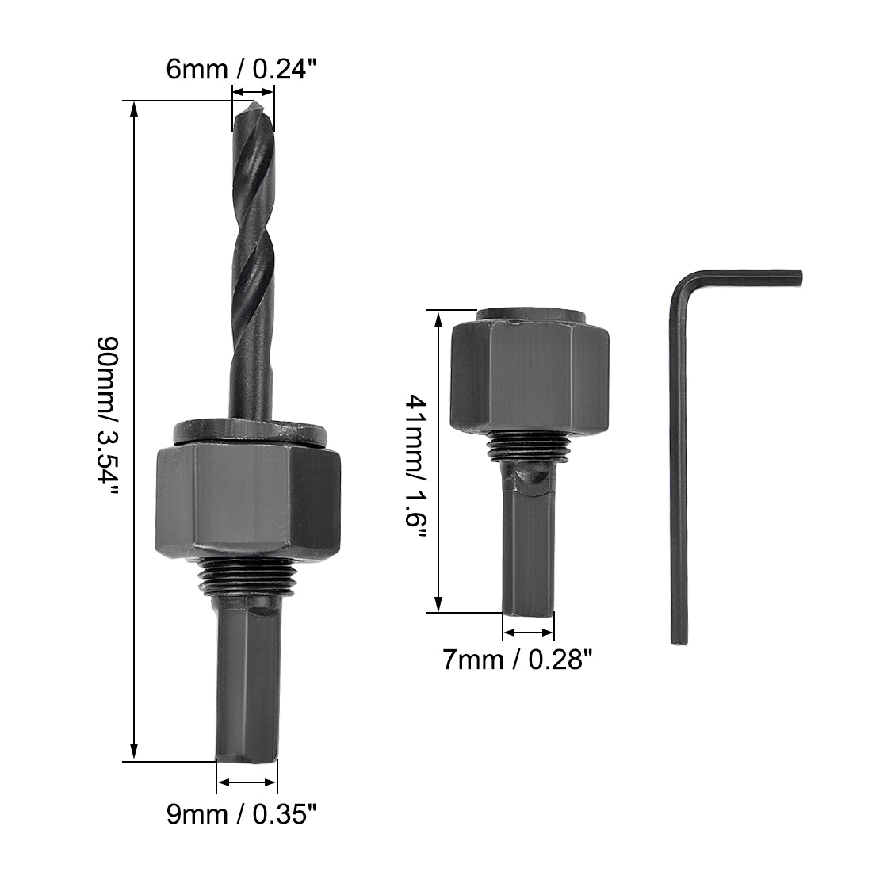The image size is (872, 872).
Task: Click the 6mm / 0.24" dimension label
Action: [x=241, y=70]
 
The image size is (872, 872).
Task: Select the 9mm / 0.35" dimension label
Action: [x=241, y=815]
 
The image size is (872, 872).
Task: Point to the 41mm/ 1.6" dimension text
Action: [x=416, y=466]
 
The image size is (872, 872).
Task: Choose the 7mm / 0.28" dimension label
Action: [x=518, y=660]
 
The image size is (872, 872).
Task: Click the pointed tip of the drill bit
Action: [x=254, y=103]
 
